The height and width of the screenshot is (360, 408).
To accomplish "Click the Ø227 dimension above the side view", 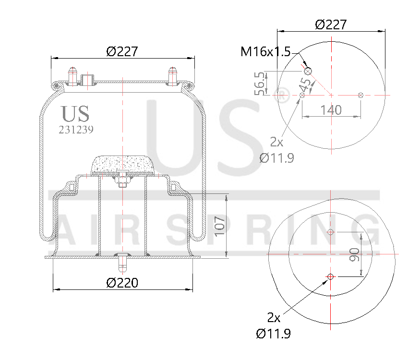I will point(122,51).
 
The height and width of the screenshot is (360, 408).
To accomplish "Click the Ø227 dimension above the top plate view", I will point(331,24).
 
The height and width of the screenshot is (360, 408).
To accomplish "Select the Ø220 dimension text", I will point(122,283).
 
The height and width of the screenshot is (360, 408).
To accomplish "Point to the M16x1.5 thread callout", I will point(265,52).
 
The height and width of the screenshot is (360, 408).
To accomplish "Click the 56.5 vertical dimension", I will point(260,83).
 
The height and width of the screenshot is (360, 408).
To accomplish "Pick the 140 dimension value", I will point(331,110).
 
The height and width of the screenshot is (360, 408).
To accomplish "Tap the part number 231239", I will point(76,130).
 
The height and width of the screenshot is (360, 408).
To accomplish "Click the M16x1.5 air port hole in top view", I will point(308,72).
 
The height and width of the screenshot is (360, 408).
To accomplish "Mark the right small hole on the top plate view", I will point(360,95).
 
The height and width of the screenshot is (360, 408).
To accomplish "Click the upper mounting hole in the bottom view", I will point(330,233).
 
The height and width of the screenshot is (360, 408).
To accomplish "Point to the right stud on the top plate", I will point(172,76).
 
